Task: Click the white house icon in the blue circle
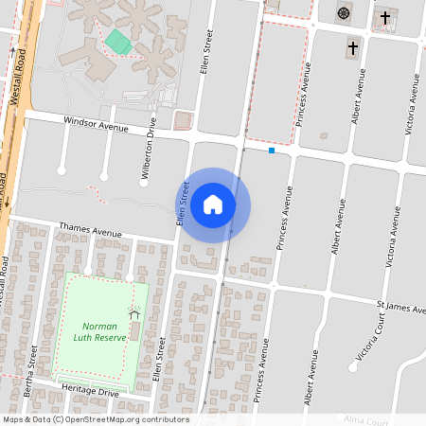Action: coord(213,204)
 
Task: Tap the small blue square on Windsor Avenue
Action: coord(272,151)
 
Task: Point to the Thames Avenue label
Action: coord(91,230)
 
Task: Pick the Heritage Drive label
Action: coord(89,391)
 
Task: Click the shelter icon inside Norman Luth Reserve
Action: coord(133,314)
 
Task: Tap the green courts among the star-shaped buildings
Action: coord(118,42)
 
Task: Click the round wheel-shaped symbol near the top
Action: coord(343,13)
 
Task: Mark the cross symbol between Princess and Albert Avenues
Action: coord(353,47)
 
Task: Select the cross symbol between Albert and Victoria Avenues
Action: coord(384,17)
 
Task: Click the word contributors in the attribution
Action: coord(167,419)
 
